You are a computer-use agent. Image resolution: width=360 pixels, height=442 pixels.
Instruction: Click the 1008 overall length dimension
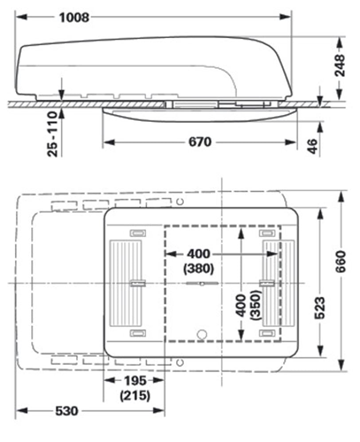74,17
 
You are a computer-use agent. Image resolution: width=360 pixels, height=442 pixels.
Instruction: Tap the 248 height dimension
340,66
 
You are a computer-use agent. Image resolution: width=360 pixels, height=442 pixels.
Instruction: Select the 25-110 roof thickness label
52,134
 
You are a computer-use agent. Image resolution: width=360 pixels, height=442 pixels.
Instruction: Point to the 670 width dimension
200,142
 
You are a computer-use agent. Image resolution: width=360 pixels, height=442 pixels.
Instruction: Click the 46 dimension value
313,146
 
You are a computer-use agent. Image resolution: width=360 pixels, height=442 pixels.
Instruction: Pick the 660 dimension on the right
340,262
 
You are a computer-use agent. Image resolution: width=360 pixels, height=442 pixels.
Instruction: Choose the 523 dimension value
320,308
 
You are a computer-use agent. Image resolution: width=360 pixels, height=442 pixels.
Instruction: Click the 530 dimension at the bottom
67,411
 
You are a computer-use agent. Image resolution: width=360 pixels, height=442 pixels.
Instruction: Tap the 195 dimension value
135,381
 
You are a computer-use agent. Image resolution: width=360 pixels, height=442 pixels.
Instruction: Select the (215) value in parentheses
135,396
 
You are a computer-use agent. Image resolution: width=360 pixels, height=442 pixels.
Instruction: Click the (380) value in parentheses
199,269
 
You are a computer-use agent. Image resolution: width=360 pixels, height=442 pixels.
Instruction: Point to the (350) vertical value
256,305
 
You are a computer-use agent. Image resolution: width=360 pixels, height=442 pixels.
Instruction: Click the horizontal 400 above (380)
199,254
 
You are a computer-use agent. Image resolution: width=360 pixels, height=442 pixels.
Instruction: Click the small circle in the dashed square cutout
202,334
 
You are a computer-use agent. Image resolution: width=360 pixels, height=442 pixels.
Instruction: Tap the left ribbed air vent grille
125,283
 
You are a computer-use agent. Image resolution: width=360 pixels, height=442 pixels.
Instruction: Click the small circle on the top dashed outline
180,202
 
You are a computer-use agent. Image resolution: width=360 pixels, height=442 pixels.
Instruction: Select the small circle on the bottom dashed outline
180,362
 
